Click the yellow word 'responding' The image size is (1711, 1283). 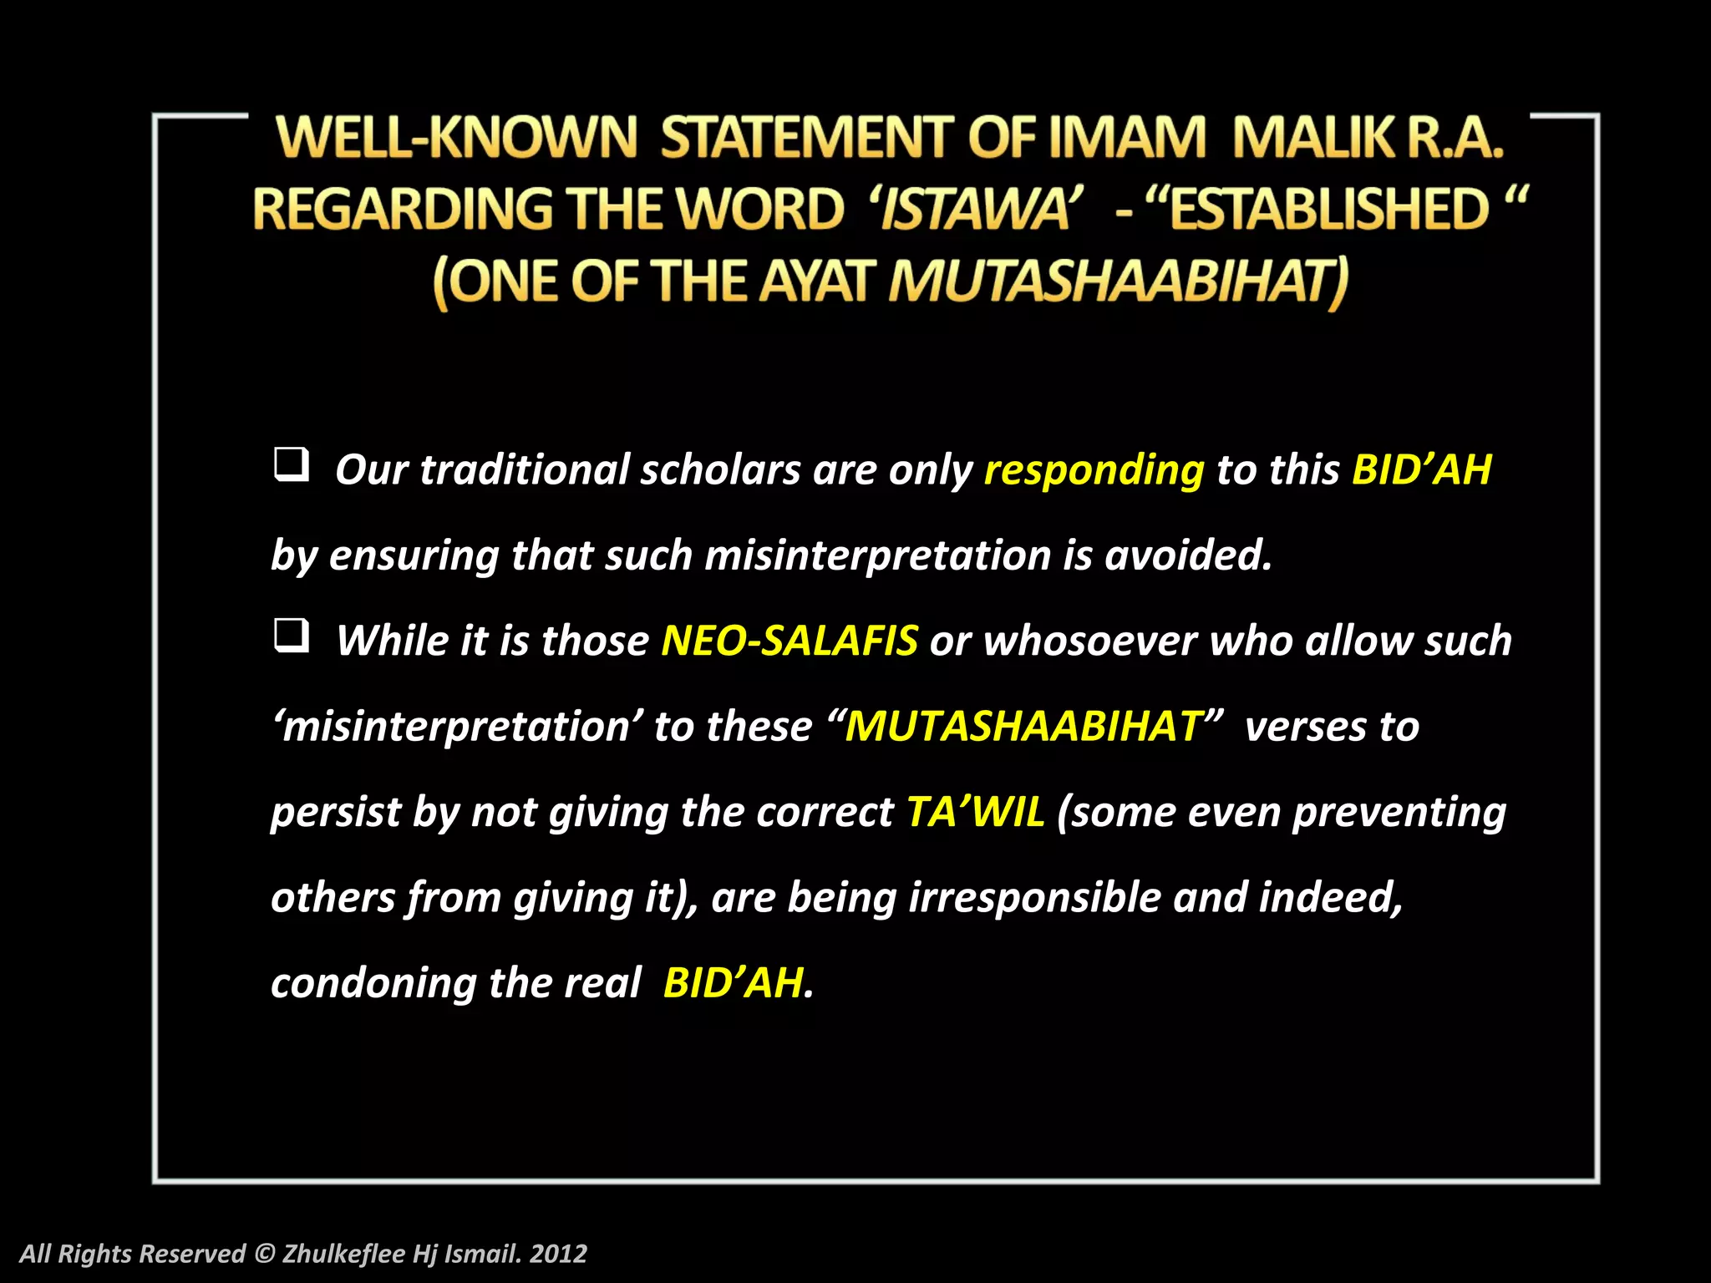tap(1094, 470)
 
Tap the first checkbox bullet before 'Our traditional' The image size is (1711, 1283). tap(291, 464)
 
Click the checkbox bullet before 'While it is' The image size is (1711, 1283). tap(291, 636)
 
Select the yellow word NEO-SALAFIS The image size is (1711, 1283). tap(789, 641)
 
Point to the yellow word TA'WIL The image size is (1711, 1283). tap(975, 812)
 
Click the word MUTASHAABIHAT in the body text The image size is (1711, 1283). tap(1023, 727)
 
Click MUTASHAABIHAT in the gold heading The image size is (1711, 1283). tap(1117, 281)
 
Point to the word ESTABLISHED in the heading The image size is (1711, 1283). tap(1328, 209)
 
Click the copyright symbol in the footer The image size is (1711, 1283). tap(264, 1254)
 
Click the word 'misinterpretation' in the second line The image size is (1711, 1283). tap(877, 556)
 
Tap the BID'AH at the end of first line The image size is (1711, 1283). tap(1421, 470)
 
